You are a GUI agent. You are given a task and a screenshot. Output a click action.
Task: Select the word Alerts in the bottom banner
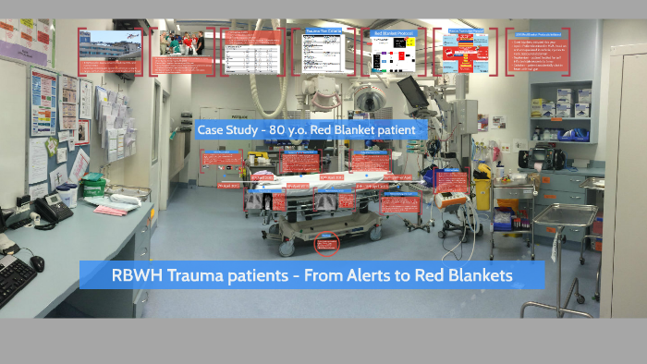pos(356,275)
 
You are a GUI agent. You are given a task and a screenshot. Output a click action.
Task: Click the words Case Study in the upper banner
pos(226,130)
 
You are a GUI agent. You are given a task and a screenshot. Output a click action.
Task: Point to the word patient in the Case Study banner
pos(396,130)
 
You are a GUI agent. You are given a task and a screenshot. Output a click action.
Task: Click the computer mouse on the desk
pos(37,263)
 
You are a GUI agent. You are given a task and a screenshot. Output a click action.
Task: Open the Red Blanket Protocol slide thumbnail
pos(394,51)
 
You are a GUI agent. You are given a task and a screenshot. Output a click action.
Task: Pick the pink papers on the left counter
pos(111,210)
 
